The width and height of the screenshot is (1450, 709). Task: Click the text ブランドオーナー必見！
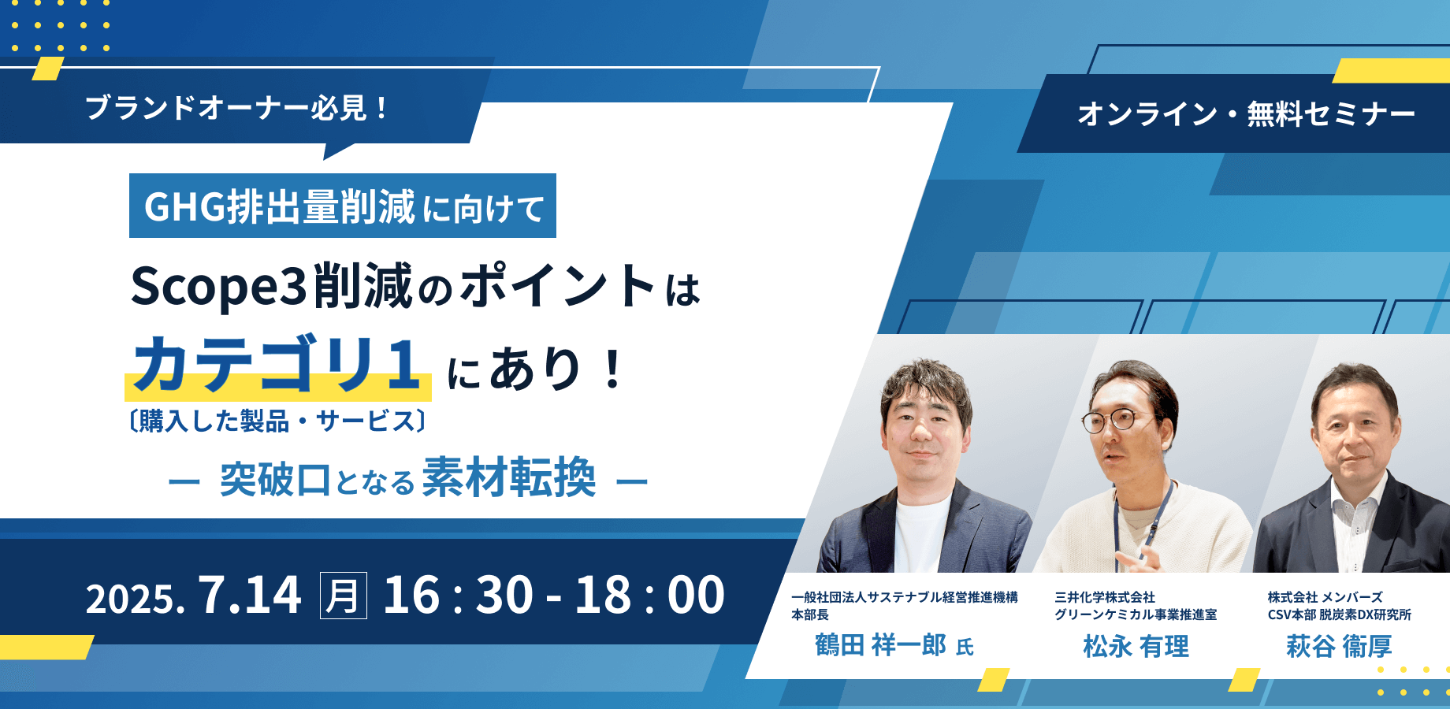click(x=236, y=108)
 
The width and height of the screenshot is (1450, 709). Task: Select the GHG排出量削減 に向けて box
click(x=343, y=206)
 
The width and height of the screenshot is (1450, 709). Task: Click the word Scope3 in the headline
click(x=218, y=287)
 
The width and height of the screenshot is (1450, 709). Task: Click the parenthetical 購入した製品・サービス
click(x=277, y=421)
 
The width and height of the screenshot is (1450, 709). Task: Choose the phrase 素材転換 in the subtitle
click(x=509, y=477)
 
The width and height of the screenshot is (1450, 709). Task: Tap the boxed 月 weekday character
click(x=343, y=596)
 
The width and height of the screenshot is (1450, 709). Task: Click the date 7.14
click(x=250, y=595)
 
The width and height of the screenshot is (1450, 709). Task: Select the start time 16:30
click(x=458, y=595)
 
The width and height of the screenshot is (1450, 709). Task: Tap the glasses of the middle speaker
click(x=1119, y=421)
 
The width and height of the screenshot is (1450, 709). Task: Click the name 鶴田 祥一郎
click(x=880, y=646)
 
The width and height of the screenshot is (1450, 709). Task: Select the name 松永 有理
click(x=1136, y=647)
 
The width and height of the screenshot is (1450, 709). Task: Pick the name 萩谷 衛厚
click(x=1339, y=647)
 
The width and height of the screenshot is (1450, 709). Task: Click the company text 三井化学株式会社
click(x=1105, y=597)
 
